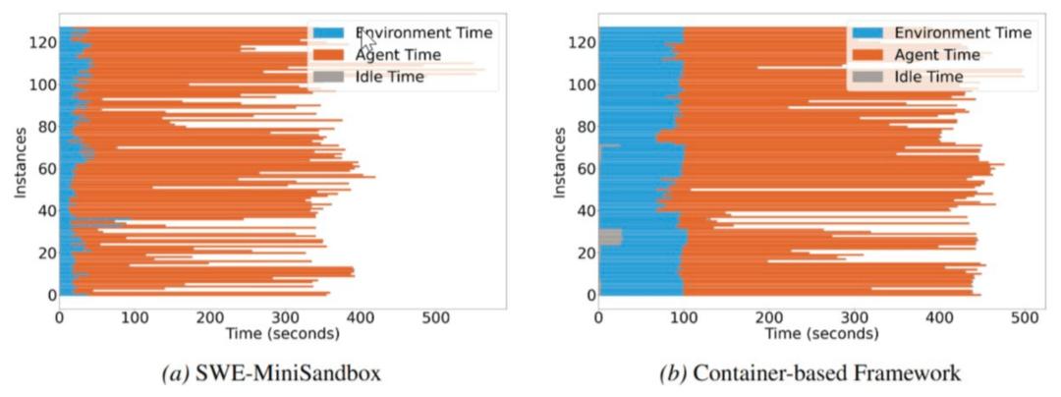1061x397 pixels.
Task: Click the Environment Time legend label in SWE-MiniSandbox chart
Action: click(x=424, y=32)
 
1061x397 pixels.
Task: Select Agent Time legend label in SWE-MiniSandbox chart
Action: click(x=399, y=54)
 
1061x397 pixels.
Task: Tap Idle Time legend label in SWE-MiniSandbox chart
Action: click(x=390, y=76)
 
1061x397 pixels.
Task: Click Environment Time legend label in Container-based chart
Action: click(x=964, y=32)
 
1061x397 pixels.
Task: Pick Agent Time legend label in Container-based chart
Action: click(x=938, y=54)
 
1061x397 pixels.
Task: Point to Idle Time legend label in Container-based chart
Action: click(x=929, y=76)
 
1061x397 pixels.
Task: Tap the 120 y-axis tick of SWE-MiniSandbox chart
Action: click(x=40, y=43)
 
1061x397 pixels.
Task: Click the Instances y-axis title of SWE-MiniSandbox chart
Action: click(x=21, y=168)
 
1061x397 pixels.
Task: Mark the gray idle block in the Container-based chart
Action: click(x=610, y=237)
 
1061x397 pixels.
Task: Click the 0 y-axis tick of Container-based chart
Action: click(x=588, y=294)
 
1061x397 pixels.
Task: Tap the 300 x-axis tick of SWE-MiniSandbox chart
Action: click(x=285, y=318)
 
